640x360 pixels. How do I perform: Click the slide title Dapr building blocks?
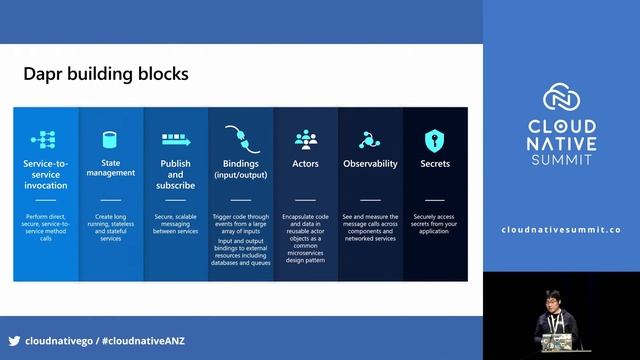pos(105,74)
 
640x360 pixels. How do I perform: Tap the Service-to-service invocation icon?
pos(45,139)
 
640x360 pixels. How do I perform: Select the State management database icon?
pos(110,139)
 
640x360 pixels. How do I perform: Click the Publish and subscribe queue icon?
pos(175,139)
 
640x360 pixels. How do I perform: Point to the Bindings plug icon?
pos(240,138)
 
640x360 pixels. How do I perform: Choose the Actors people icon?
pos(305,139)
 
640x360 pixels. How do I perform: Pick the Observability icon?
pos(370,139)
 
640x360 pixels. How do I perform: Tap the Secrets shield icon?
pos(435,139)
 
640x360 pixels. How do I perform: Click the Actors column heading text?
pos(305,163)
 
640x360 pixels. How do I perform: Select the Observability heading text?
pos(370,163)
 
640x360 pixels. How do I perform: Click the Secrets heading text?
pos(435,163)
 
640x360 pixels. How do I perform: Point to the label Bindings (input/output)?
pos(240,168)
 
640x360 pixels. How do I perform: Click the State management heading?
pos(110,167)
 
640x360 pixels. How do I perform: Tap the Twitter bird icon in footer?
pos(14,341)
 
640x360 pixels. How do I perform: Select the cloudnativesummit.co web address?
pos(561,230)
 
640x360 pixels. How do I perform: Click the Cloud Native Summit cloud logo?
pos(561,98)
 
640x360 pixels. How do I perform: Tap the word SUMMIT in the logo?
pos(561,160)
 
